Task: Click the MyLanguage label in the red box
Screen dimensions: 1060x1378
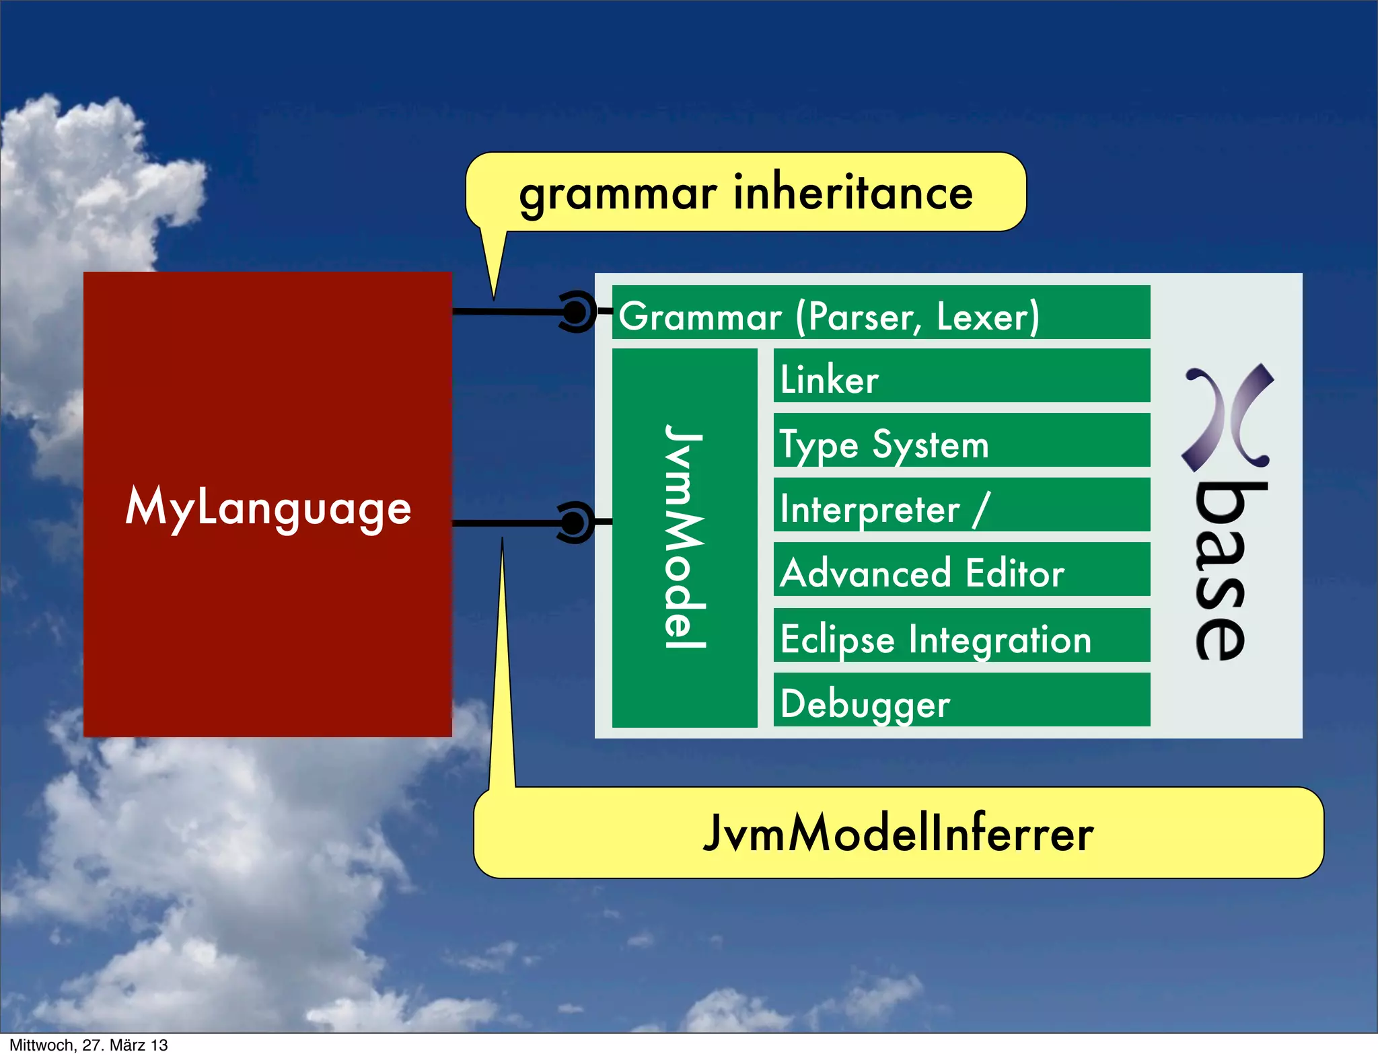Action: pyautogui.click(x=268, y=507)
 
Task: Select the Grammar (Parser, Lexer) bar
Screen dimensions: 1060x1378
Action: pyautogui.click(x=880, y=313)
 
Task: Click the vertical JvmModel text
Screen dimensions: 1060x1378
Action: pyautogui.click(x=685, y=537)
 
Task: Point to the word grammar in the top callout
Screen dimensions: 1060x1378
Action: pyautogui.click(x=618, y=195)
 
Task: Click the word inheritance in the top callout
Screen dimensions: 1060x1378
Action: pyautogui.click(x=853, y=192)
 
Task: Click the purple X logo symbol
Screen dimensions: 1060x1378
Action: pyautogui.click(x=1227, y=417)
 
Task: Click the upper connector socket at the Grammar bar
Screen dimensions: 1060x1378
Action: pyautogui.click(x=576, y=311)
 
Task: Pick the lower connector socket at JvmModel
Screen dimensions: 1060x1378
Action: pyautogui.click(x=575, y=523)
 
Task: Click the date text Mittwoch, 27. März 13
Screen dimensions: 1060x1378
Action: pyautogui.click(x=88, y=1045)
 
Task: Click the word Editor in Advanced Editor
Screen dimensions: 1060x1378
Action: pyautogui.click(x=1015, y=573)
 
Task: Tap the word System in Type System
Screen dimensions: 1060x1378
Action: pyautogui.click(x=931, y=445)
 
